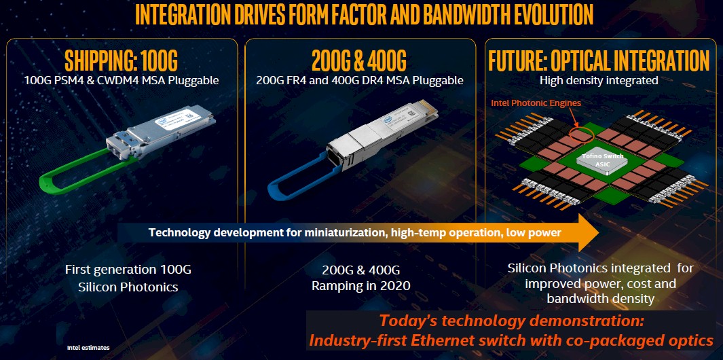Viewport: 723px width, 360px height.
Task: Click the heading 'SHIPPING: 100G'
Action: [x=122, y=60]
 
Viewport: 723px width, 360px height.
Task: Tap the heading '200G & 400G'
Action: [x=359, y=60]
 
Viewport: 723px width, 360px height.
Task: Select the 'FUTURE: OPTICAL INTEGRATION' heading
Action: [x=599, y=60]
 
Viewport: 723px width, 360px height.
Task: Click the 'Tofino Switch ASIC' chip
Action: [x=601, y=160]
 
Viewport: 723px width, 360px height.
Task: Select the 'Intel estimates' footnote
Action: [x=88, y=348]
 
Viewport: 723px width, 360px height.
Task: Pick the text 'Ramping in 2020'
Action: [x=360, y=286]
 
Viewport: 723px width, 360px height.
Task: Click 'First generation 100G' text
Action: [x=128, y=270]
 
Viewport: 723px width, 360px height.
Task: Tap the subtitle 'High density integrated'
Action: [x=599, y=80]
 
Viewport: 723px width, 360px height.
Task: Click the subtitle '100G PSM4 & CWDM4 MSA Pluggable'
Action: [x=122, y=81]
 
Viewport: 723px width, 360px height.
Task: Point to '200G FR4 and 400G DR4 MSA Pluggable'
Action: [x=359, y=81]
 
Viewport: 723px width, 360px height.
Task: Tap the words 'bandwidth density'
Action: [x=600, y=299]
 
